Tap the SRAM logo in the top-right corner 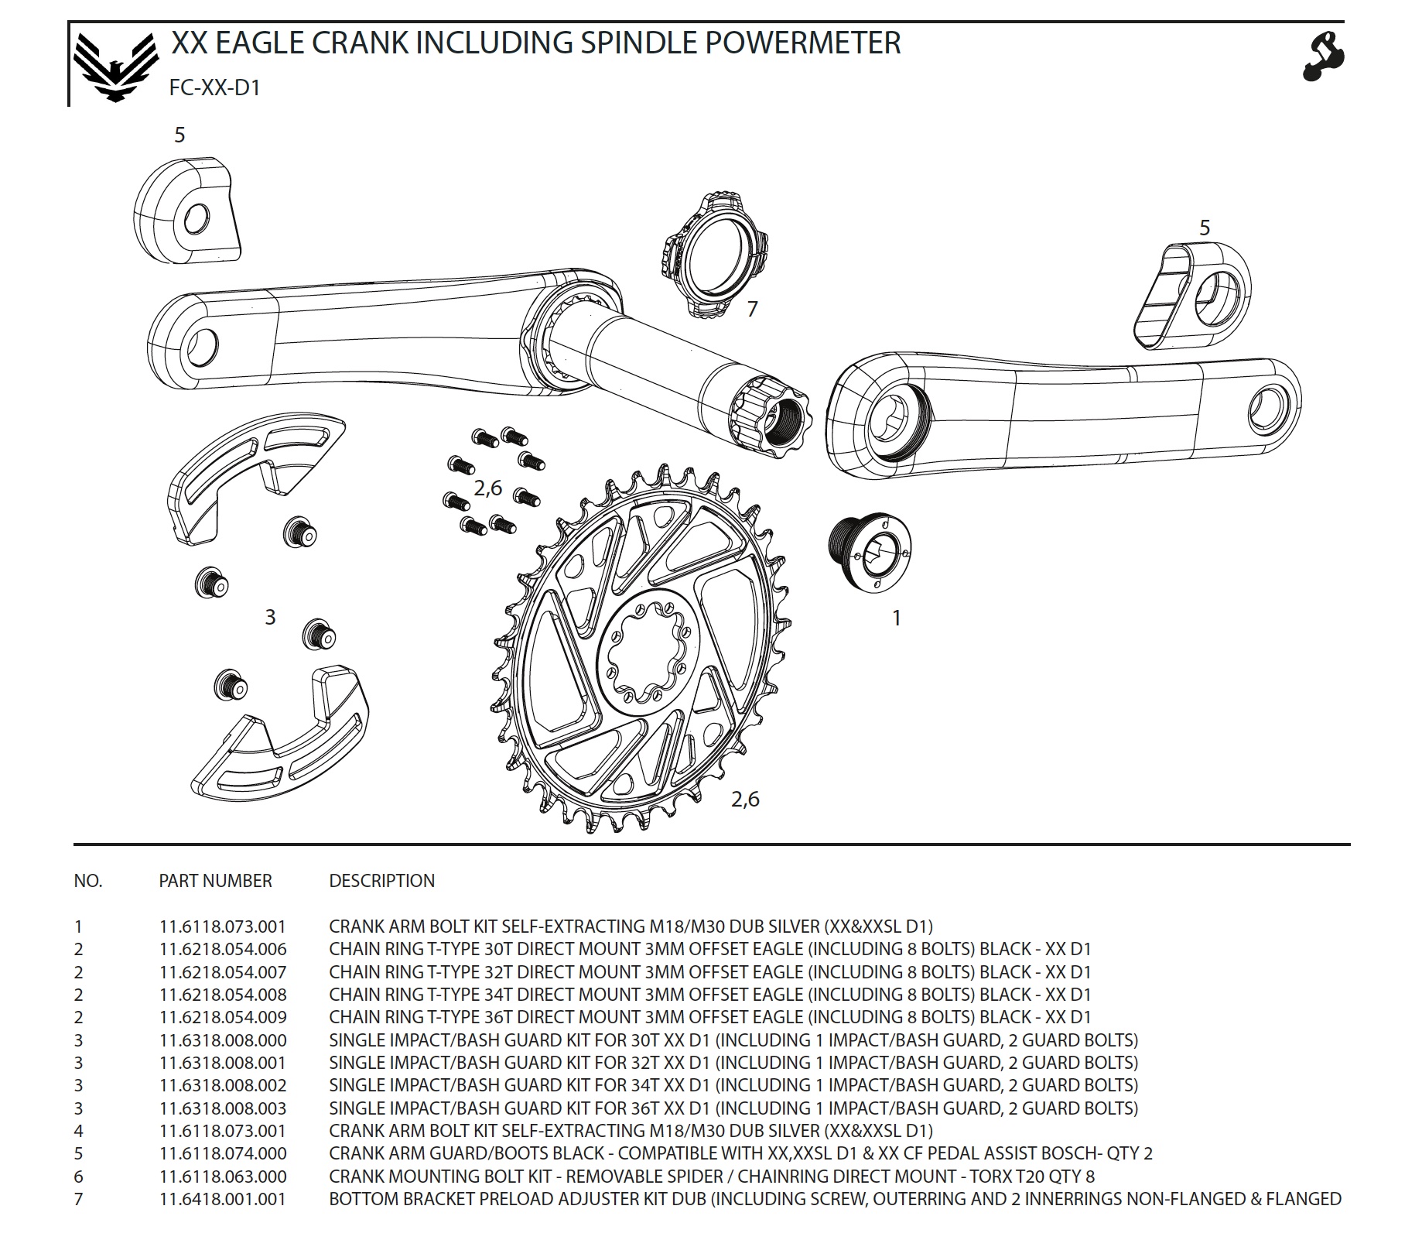pyautogui.click(x=1324, y=56)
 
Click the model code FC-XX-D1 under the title pyautogui.click(x=215, y=87)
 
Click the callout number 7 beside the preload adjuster pyautogui.click(x=752, y=310)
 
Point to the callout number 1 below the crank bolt pyautogui.click(x=896, y=618)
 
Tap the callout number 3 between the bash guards pyautogui.click(x=270, y=617)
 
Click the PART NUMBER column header pyautogui.click(x=215, y=881)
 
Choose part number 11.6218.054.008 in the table pyautogui.click(x=223, y=995)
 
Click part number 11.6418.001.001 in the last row pyautogui.click(x=223, y=1199)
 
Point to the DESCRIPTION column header pyautogui.click(x=381, y=881)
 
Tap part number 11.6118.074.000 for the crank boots pyautogui.click(x=223, y=1153)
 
